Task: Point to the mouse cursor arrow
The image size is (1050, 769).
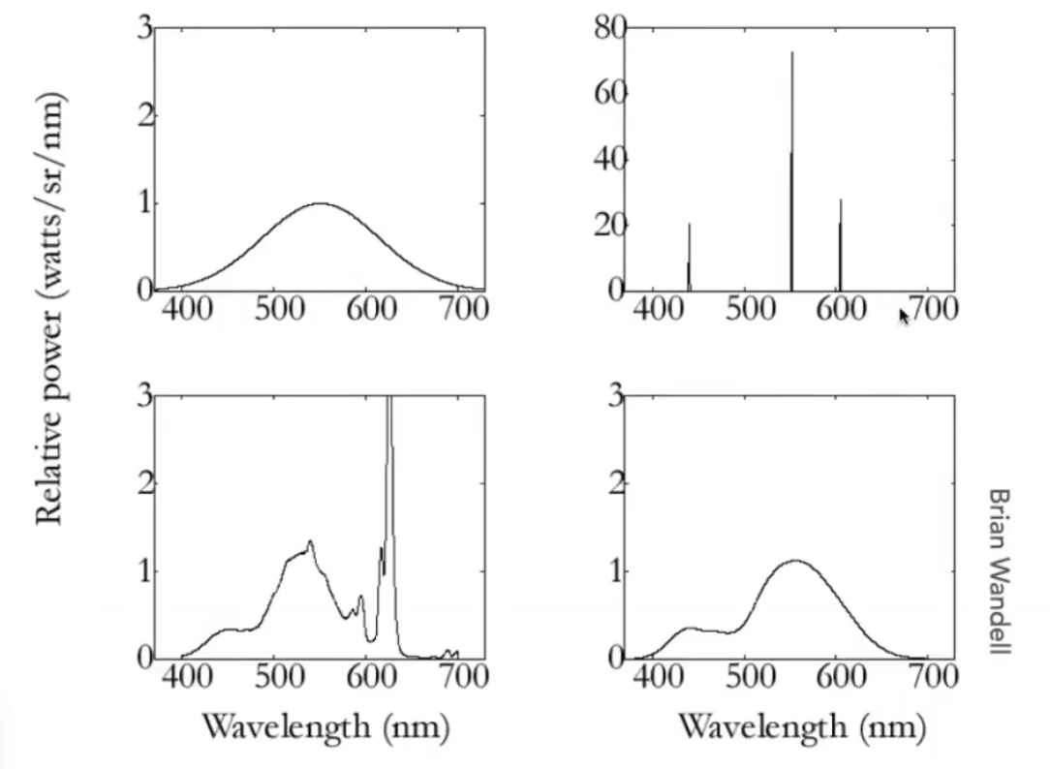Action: tap(905, 316)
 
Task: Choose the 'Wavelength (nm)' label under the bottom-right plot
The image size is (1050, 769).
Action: tap(800, 724)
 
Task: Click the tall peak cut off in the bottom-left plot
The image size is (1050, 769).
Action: tap(389, 407)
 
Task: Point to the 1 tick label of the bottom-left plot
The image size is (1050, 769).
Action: tap(145, 571)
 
